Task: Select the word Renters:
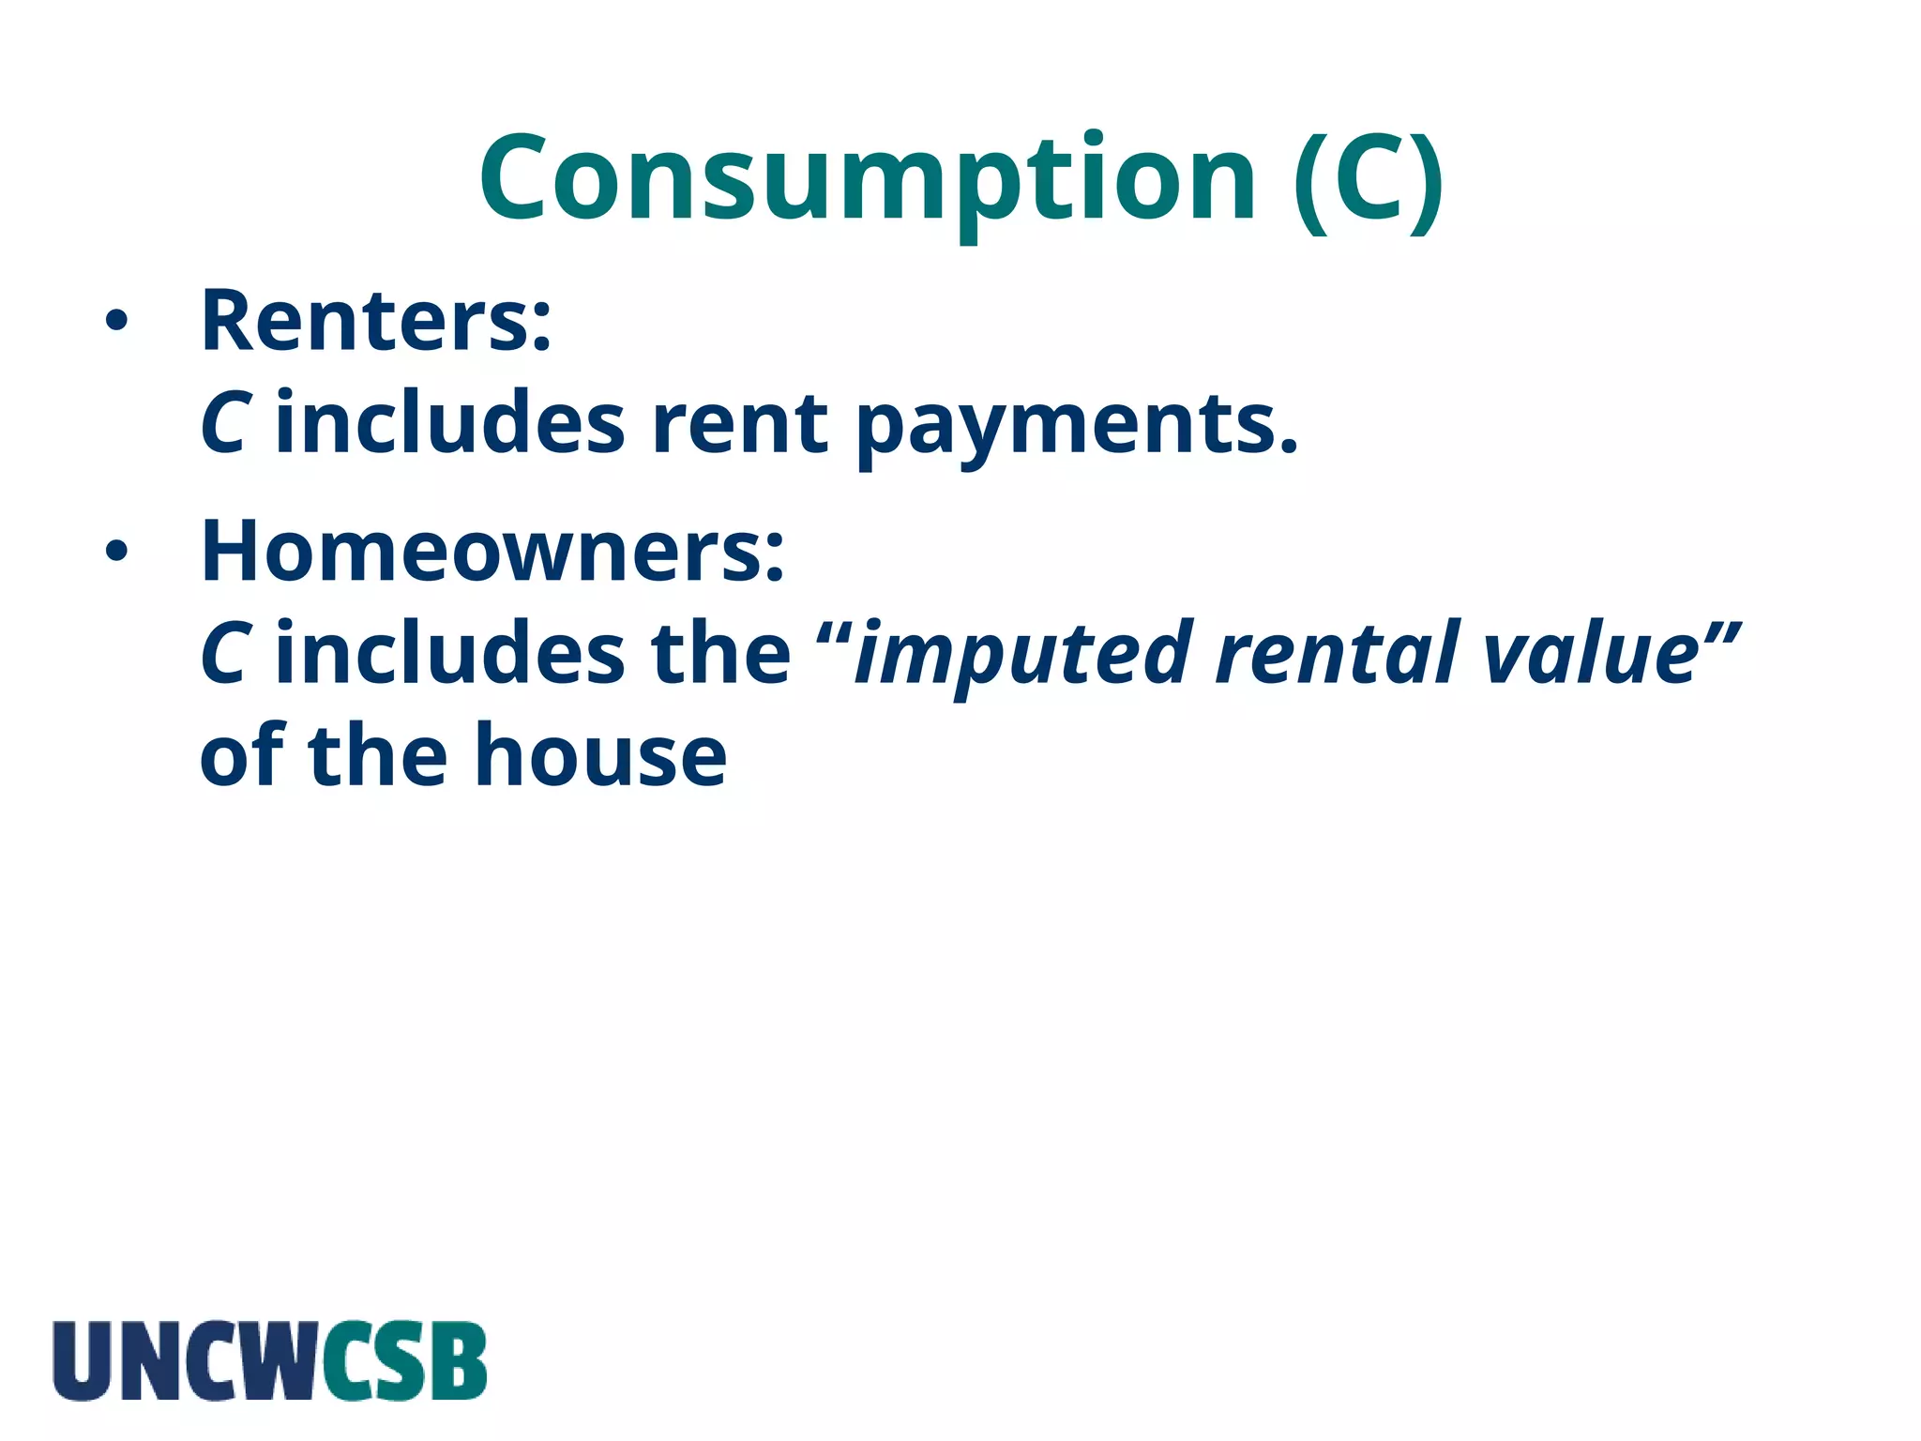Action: click(376, 321)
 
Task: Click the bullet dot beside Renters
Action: click(116, 322)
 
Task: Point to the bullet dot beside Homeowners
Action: click(116, 552)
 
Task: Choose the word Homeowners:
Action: click(492, 551)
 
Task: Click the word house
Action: click(600, 756)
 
